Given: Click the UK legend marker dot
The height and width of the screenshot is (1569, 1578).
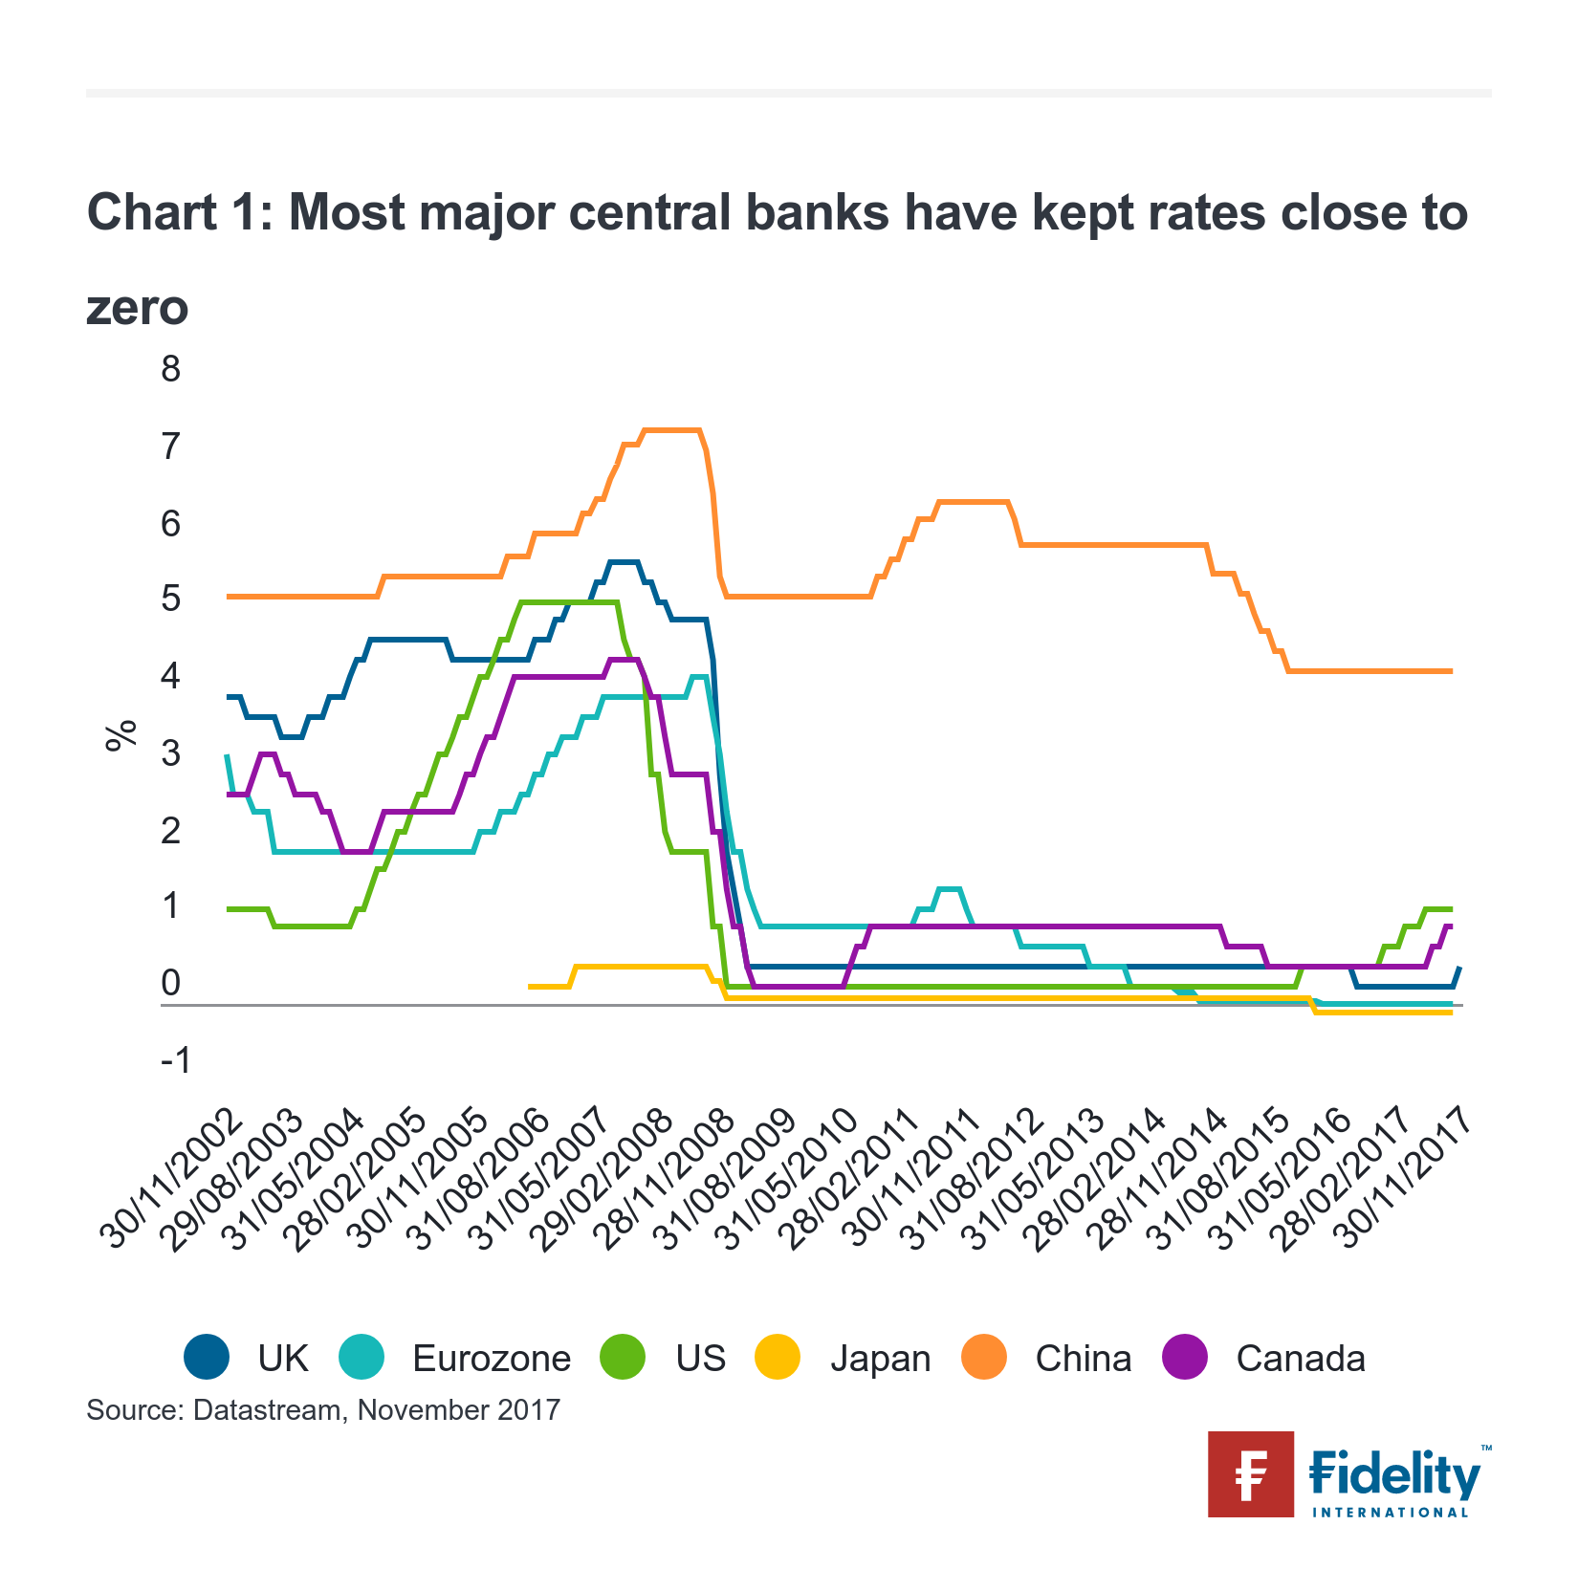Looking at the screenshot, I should click(207, 1358).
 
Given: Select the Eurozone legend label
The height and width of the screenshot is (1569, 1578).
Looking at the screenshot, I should click(491, 1359).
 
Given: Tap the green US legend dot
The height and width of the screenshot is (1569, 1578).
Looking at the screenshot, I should click(623, 1358).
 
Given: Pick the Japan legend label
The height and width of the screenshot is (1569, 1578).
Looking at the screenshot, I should click(880, 1359).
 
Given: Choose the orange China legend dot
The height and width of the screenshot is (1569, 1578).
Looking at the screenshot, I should click(984, 1358).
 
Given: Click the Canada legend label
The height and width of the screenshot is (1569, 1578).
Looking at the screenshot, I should click(1300, 1359).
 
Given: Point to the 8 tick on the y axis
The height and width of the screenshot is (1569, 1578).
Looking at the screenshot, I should click(171, 369).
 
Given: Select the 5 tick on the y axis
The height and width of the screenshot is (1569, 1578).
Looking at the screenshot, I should click(171, 599).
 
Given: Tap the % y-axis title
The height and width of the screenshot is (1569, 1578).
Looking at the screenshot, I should click(122, 735).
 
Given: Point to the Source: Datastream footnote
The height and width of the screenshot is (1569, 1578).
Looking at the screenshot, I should click(322, 1410).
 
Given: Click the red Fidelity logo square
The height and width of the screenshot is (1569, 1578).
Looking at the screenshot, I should click(1250, 1473).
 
